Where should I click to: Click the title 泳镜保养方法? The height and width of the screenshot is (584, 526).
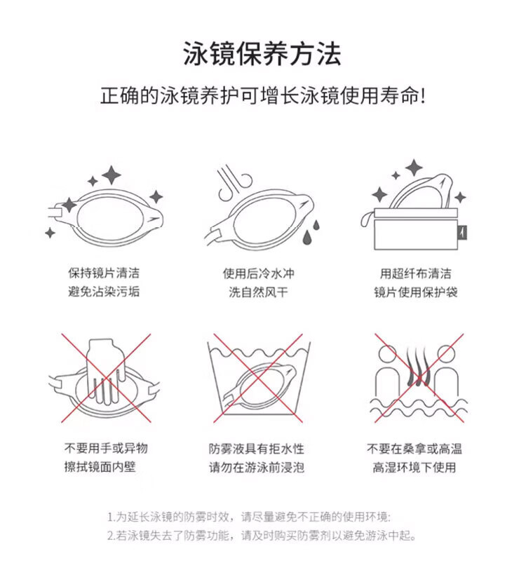(262, 54)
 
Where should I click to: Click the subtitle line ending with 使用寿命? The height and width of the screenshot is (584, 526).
(262, 96)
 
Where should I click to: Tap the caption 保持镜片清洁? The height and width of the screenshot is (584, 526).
(104, 273)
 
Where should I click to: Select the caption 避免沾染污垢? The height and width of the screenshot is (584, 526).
(104, 291)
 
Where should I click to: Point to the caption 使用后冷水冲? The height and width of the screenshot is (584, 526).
(259, 273)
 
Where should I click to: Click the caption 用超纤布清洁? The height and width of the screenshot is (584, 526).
(415, 273)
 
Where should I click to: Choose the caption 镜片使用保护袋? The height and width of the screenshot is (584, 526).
(416, 292)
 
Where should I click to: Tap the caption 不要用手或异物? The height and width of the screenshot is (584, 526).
(106, 448)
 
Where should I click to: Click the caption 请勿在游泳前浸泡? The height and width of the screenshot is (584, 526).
(257, 467)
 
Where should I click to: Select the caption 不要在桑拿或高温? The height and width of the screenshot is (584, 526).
(414, 449)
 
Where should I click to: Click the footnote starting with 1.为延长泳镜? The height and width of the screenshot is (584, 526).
(249, 517)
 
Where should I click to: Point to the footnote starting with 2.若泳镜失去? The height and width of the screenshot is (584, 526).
(262, 536)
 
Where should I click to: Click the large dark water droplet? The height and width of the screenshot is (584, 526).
(308, 236)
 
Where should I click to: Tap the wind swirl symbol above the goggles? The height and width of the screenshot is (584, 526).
(235, 184)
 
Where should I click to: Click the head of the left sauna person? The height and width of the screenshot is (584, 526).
(387, 353)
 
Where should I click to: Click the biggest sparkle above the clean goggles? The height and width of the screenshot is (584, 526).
(111, 175)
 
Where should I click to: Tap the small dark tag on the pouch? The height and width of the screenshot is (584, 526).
(463, 233)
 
